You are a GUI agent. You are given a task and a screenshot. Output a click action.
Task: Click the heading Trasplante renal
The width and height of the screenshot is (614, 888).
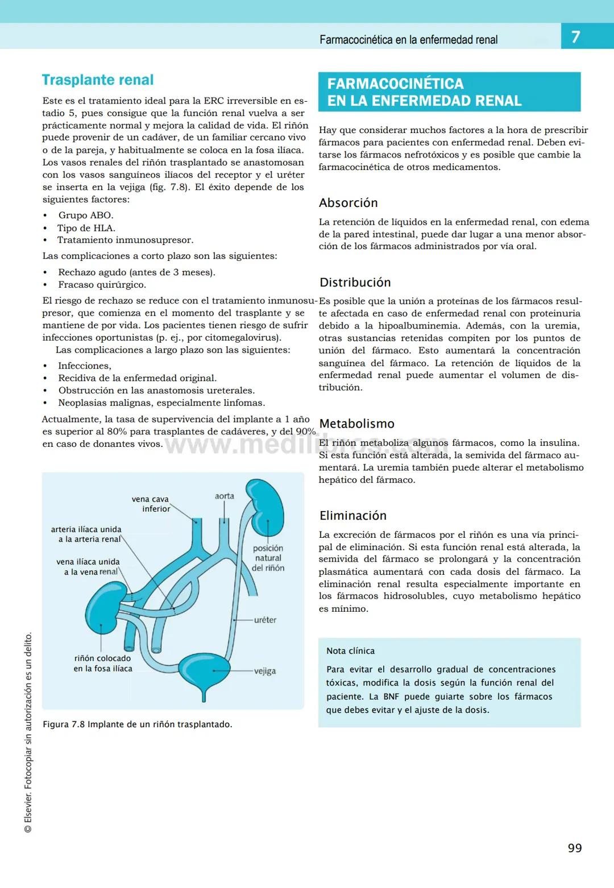click(x=98, y=80)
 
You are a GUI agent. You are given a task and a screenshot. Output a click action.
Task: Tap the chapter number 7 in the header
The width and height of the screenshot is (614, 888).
click(x=575, y=38)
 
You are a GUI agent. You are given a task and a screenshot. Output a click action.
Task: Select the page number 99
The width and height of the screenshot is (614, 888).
click(x=575, y=848)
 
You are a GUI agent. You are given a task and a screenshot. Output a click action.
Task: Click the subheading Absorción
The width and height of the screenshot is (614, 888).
click(x=348, y=203)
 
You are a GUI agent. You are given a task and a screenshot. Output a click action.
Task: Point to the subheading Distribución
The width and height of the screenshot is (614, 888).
click(x=355, y=283)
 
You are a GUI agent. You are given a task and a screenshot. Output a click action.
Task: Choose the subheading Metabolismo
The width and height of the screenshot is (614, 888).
click(x=356, y=424)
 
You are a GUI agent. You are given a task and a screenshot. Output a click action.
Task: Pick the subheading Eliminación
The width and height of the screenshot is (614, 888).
click(x=352, y=516)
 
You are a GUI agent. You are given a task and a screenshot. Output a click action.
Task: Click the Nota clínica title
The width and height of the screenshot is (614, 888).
click(x=350, y=651)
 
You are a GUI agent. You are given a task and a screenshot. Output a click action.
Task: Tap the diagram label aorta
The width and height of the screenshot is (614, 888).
click(x=225, y=496)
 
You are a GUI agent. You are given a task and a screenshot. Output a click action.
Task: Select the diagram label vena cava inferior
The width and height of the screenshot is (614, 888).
click(x=151, y=504)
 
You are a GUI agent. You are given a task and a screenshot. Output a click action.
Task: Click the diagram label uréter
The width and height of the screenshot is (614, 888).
click(x=265, y=620)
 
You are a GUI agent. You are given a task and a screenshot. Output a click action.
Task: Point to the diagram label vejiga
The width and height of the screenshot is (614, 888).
click(x=265, y=671)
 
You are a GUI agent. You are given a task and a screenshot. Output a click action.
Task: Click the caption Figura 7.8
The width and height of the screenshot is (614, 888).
click(x=137, y=724)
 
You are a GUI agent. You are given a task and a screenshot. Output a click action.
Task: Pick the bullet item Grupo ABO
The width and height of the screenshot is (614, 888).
click(x=86, y=215)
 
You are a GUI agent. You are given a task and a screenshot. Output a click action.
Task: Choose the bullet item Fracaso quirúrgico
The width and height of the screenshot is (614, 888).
click(x=102, y=285)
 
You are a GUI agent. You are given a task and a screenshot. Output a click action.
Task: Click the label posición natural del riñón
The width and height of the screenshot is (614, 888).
click(x=268, y=558)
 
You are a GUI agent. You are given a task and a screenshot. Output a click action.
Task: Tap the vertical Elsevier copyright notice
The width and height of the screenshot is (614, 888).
click(x=28, y=733)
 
